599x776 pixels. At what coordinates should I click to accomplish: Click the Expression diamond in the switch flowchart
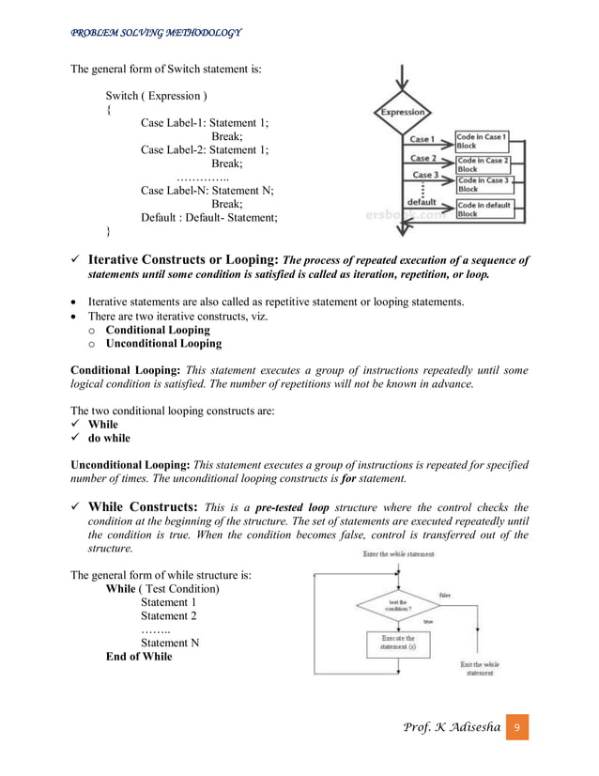tap(402, 113)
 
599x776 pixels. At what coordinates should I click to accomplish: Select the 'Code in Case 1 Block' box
tap(482, 141)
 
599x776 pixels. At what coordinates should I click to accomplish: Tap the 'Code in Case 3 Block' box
tap(482, 183)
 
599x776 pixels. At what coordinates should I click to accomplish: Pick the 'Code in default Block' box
tap(483, 209)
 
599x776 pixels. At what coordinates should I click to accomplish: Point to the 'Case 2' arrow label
tap(423, 159)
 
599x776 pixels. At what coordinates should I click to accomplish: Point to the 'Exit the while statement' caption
tap(479, 668)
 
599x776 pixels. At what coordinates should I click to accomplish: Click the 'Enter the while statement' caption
tap(398, 554)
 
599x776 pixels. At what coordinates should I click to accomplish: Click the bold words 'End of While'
tap(139, 656)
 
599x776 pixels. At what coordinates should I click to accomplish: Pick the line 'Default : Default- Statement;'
tap(208, 218)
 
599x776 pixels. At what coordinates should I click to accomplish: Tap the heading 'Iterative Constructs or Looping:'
tap(183, 260)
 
